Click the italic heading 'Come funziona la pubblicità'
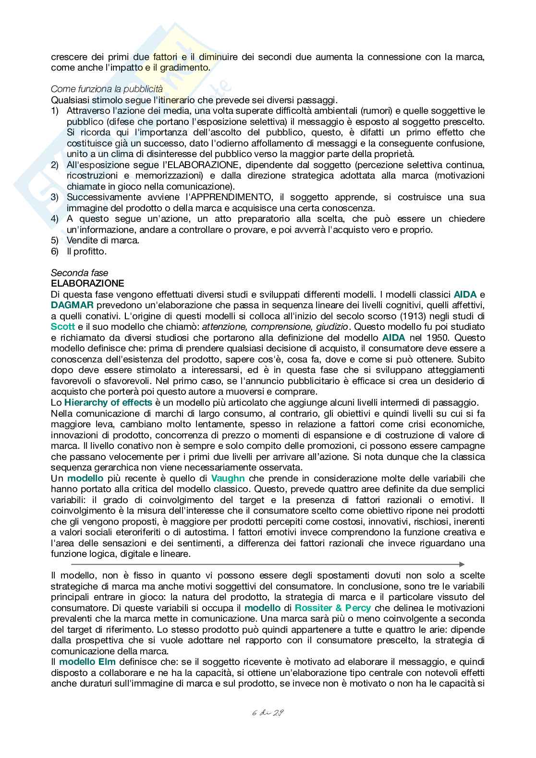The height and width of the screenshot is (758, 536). [x=107, y=89]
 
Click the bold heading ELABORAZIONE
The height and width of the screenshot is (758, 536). [x=87, y=283]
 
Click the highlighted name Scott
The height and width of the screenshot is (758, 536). [x=63, y=327]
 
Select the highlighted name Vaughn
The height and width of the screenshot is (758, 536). [x=228, y=478]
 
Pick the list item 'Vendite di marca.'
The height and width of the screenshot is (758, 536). [x=103, y=241]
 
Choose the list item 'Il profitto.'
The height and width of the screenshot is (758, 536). [x=86, y=251]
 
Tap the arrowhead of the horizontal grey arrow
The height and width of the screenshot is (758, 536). [x=462, y=565]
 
